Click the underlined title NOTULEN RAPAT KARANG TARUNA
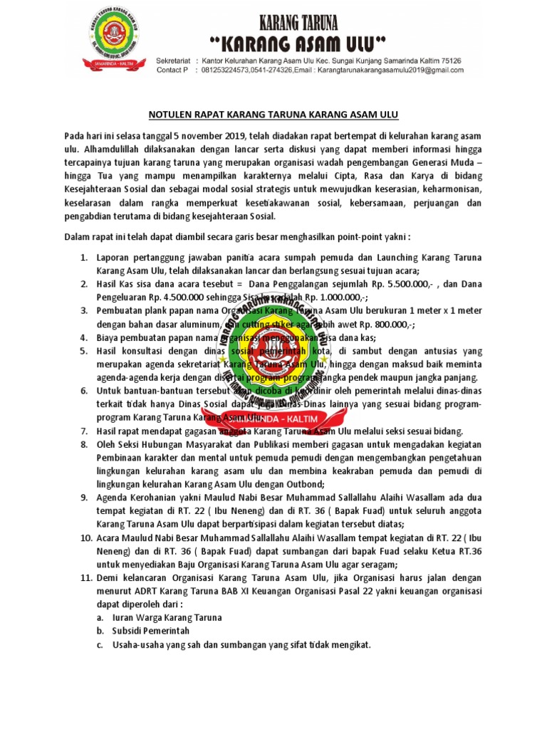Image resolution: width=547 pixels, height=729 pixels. (x=273, y=113)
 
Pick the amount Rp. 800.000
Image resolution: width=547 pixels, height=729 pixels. (x=382, y=324)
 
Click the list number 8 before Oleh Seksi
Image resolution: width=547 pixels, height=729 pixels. (x=83, y=444)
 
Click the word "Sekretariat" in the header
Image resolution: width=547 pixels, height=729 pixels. (x=174, y=61)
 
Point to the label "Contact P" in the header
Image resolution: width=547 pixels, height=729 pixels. (x=172, y=70)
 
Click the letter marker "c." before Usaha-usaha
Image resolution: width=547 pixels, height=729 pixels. (x=100, y=644)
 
